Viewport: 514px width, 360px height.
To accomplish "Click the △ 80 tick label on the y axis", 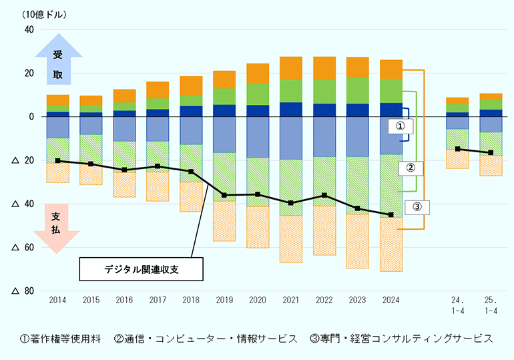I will [x=23, y=291].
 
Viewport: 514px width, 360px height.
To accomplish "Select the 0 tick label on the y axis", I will [x=31, y=117].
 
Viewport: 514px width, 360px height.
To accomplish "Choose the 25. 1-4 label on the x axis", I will [x=491, y=306].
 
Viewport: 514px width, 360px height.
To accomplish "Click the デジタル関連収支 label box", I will [x=142, y=269].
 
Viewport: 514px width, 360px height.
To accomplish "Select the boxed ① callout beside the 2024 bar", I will [x=401, y=126].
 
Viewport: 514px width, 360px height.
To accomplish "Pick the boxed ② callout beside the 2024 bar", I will [x=411, y=168].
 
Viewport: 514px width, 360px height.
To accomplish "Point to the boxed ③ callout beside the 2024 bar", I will [x=417, y=207].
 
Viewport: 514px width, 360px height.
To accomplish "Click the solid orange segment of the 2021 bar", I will [x=291, y=68].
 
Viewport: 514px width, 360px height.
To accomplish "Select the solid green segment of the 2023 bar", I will [x=358, y=91].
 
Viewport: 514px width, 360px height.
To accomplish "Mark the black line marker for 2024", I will [x=391, y=214].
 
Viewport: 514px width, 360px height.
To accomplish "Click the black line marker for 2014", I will [x=57, y=161].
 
